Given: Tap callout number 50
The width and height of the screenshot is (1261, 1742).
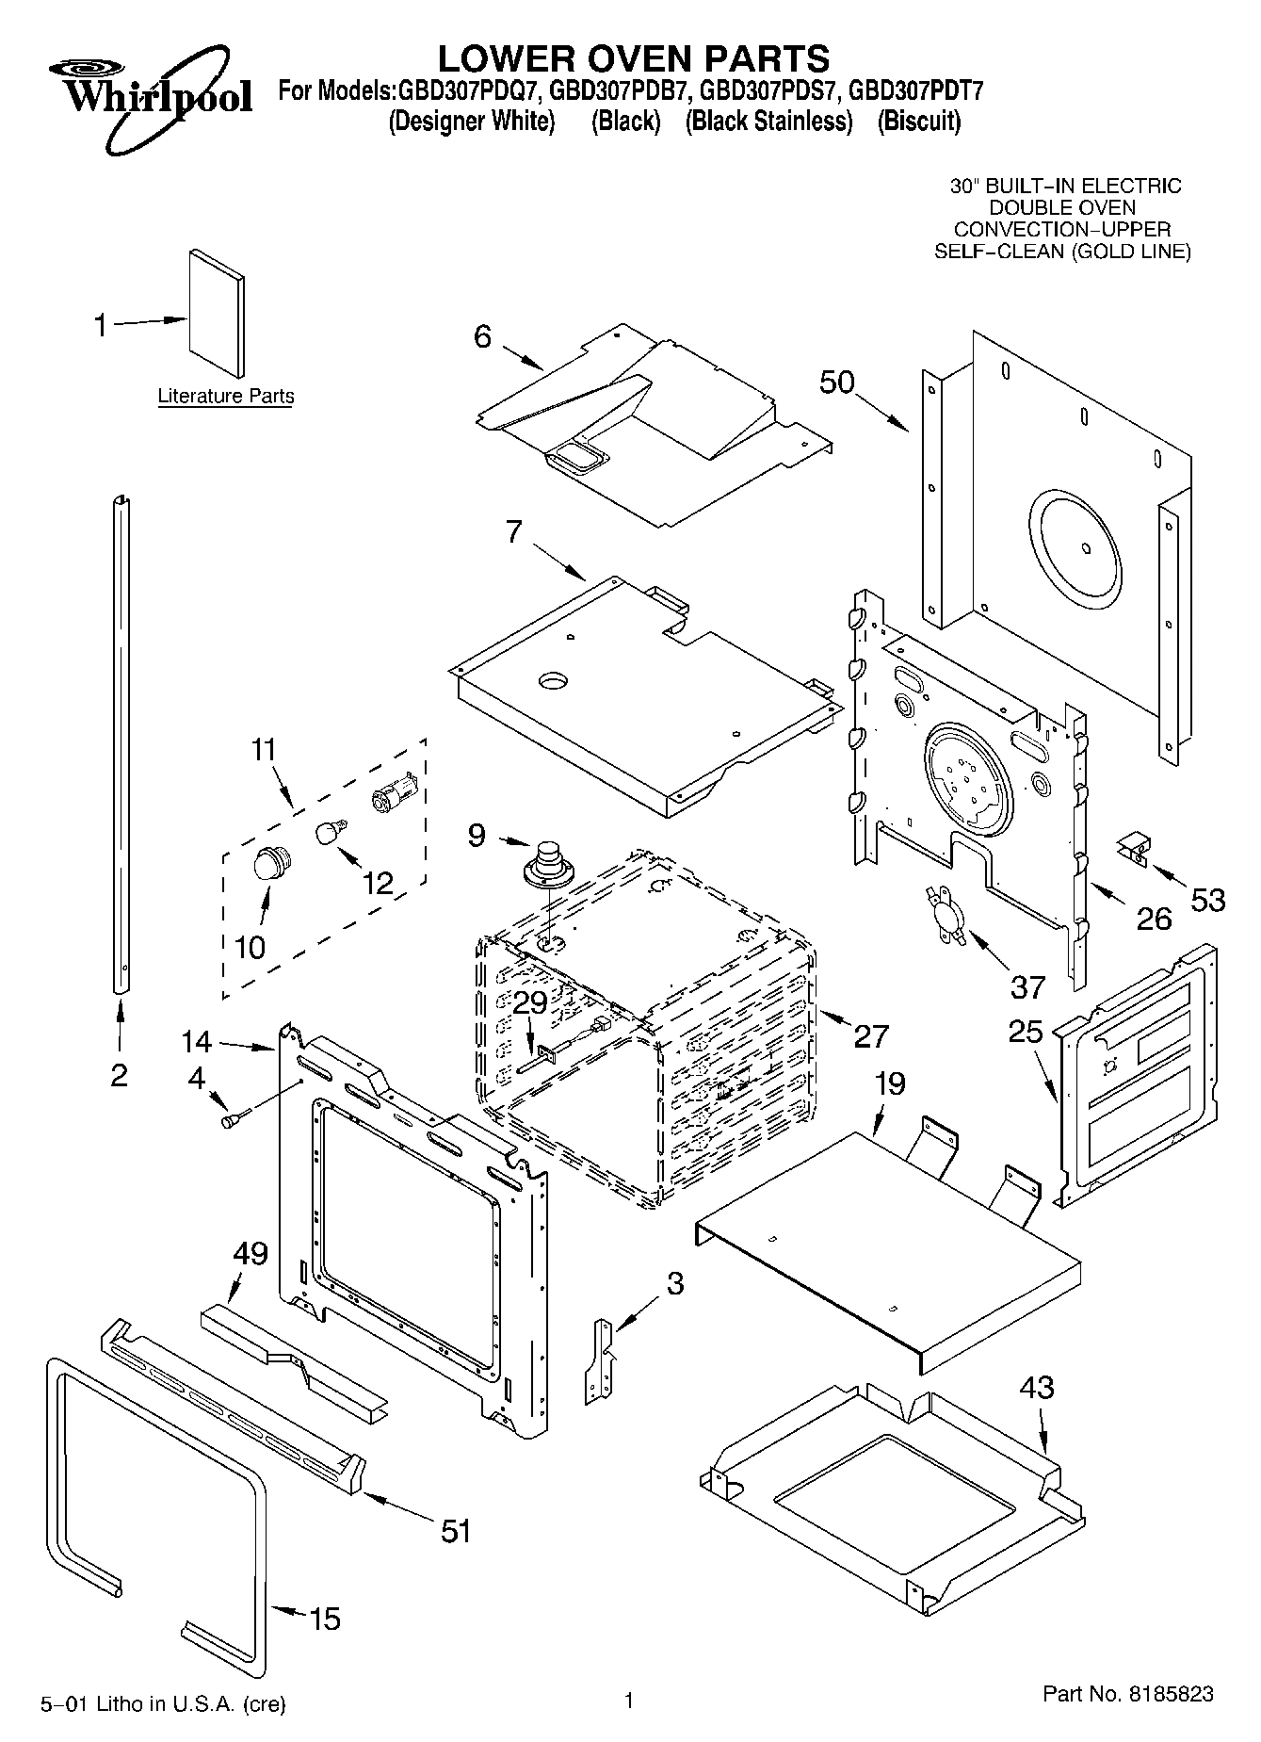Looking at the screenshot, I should click(836, 383).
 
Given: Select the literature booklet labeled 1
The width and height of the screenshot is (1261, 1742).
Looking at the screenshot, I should click(218, 313).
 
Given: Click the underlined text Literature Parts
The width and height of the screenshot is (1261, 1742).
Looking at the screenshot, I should click(225, 397).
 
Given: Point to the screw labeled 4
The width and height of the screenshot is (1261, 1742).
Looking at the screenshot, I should click(234, 1119).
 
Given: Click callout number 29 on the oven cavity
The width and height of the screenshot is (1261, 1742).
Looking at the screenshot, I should click(530, 1003).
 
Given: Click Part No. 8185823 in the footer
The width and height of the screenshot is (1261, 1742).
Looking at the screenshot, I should click(1127, 1694).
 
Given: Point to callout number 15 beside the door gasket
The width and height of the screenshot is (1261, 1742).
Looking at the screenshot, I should click(324, 1619).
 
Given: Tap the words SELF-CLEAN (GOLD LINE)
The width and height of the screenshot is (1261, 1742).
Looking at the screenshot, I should click(1061, 252).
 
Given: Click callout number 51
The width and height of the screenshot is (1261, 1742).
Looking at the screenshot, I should click(456, 1530).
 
